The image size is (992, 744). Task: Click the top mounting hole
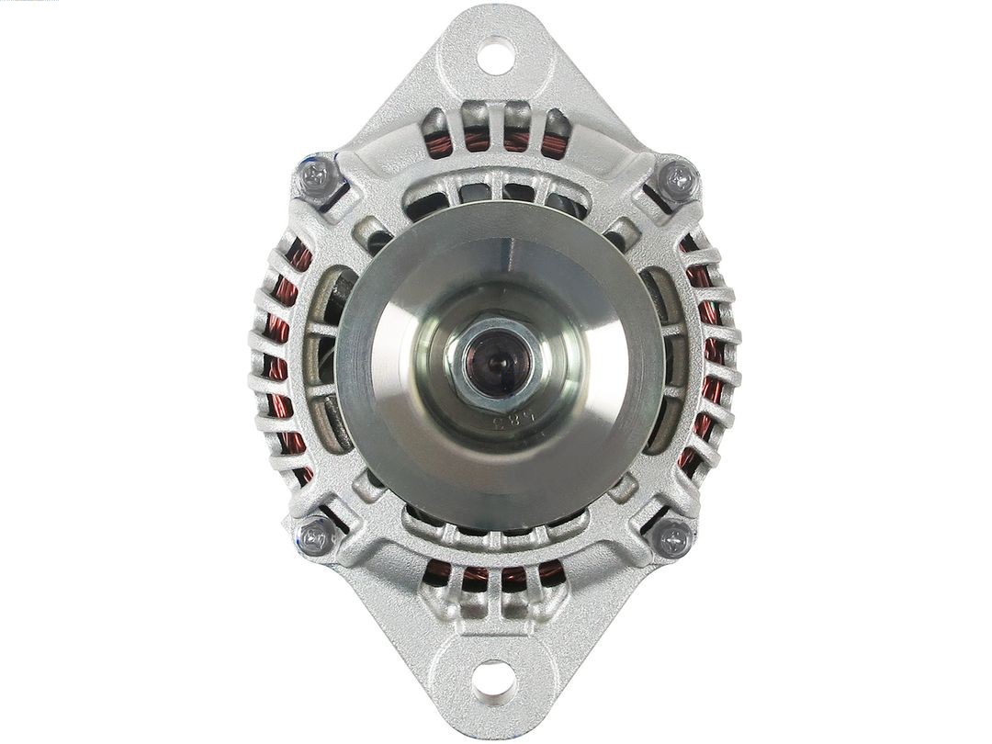(495, 55)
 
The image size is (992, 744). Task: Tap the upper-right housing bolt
(678, 178)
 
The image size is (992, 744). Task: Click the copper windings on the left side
(280, 358)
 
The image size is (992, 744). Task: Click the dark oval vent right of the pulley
(663, 358)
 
